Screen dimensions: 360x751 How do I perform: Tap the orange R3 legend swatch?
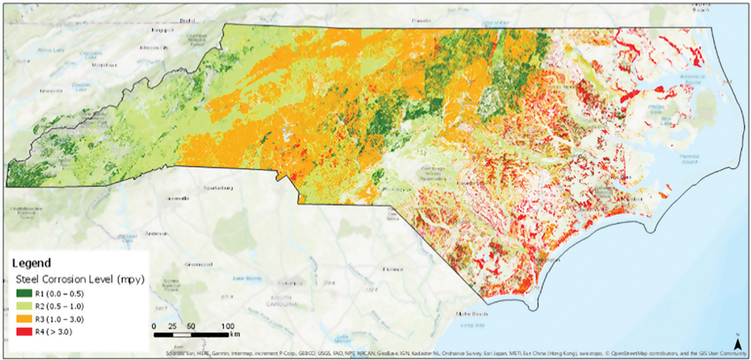(x=21, y=319)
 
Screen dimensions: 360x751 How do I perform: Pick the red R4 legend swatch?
(x=21, y=332)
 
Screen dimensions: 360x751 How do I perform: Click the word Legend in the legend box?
(x=31, y=263)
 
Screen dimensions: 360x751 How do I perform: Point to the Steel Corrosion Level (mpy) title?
(x=75, y=279)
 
